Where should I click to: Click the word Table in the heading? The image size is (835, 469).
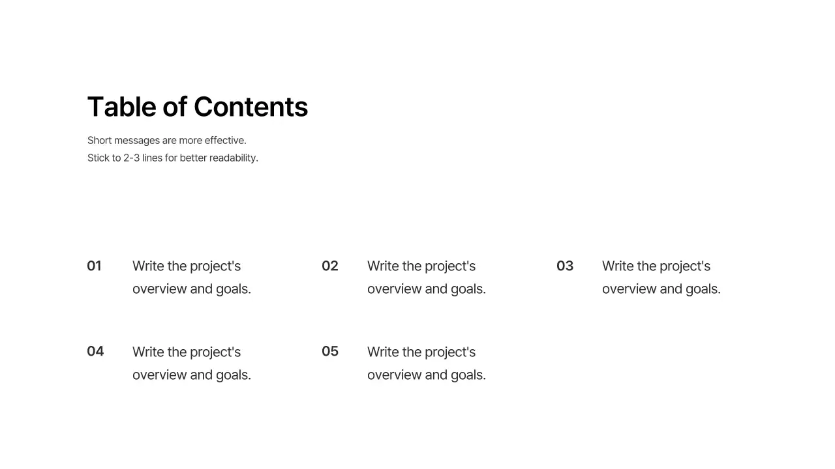122,107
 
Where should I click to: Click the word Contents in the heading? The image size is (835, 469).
250,107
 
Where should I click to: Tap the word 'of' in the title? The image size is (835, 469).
175,107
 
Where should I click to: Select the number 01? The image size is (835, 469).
94,266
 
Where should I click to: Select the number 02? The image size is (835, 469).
330,266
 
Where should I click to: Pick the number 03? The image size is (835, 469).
565,266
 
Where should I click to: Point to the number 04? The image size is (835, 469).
95,351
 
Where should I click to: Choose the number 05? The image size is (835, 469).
330,351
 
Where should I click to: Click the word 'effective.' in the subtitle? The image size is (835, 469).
225,140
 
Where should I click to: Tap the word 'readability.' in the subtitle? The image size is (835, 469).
234,158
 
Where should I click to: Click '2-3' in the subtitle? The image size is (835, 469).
131,158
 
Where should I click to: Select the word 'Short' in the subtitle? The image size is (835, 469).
99,140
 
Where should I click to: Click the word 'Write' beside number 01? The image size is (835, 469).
148,266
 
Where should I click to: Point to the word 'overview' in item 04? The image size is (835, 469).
159,375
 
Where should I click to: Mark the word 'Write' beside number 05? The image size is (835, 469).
383,352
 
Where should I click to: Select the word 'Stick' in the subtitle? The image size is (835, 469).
99,158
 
